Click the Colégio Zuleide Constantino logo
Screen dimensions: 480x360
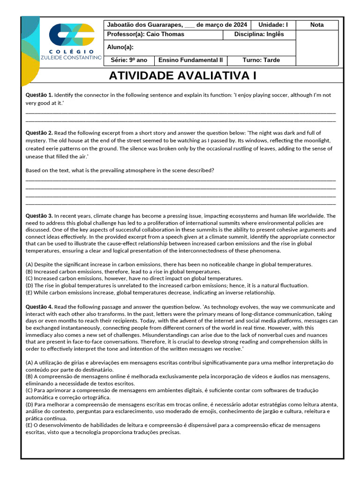[75, 42]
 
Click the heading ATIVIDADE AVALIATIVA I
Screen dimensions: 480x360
[182, 76]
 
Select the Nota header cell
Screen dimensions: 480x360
[317, 25]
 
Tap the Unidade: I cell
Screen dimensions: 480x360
[273, 25]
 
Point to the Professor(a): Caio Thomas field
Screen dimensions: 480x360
[145, 34]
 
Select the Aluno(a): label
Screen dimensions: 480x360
[120, 47]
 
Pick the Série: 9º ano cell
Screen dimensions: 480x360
[129, 60]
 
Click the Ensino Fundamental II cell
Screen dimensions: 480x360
[191, 60]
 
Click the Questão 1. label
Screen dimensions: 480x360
[39, 95]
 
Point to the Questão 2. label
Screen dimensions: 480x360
[39, 133]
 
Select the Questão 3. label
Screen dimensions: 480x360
[39, 216]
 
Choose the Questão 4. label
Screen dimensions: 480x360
[39, 307]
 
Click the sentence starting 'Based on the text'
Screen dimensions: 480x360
[120, 170]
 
